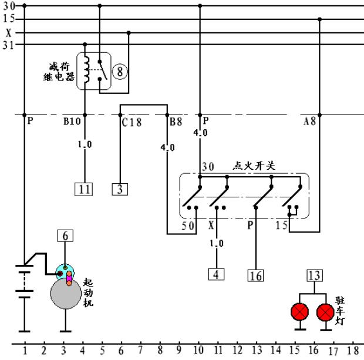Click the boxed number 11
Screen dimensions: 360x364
85,189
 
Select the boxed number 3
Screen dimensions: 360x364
120,189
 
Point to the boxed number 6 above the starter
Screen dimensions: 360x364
65,235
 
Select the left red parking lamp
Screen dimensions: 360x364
301,311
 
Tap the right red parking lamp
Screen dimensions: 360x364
325,311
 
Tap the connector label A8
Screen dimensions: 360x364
309,123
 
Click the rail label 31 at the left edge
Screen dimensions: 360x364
8,45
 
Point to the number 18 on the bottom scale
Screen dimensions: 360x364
353,351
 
